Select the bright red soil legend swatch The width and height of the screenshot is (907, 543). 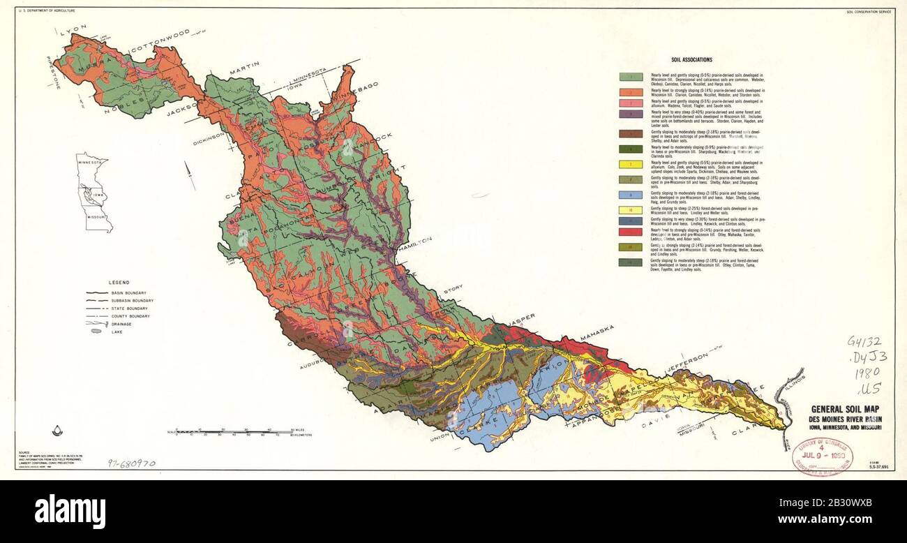(631, 231)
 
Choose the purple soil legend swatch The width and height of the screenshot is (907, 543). (631, 112)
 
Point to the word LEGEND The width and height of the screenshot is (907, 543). (119, 283)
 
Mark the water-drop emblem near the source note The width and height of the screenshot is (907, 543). (58, 431)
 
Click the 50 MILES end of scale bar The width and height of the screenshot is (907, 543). (297, 430)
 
